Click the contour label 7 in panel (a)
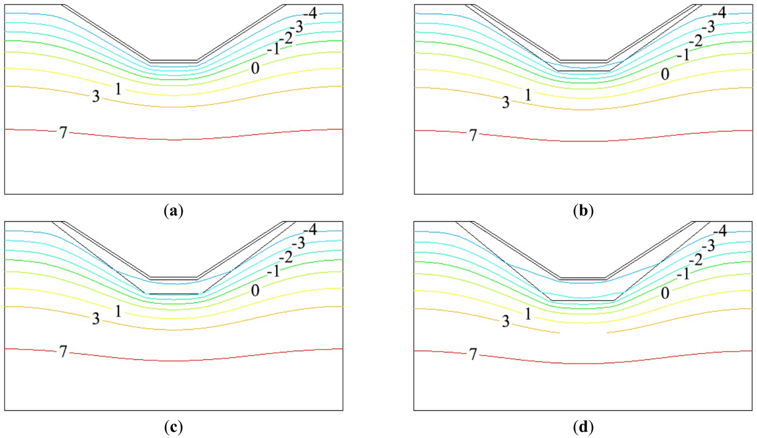[x=63, y=133]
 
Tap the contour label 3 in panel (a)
[x=96, y=97]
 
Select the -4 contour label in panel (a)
[x=310, y=13]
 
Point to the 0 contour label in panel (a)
[x=255, y=68]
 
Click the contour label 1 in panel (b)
[x=528, y=95]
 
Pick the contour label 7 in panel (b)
[x=473, y=135]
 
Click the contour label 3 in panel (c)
[x=96, y=319]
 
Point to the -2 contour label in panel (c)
[x=286, y=258]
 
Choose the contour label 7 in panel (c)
[x=63, y=352]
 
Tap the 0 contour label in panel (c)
[x=255, y=290]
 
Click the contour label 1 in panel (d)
[x=528, y=314]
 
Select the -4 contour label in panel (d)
[x=720, y=231]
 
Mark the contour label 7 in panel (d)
[x=473, y=354]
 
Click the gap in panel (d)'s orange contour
[x=583, y=333]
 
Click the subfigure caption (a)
[x=173, y=211]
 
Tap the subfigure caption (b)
[x=583, y=211]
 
